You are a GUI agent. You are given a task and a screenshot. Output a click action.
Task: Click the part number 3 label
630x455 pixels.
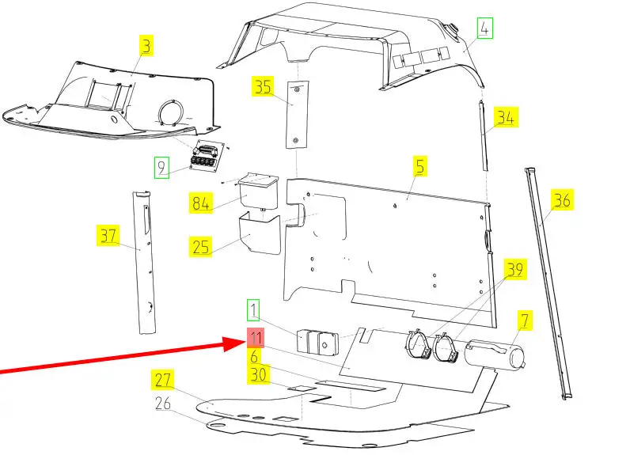(146, 45)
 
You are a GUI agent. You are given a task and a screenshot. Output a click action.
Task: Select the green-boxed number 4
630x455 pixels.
(485, 28)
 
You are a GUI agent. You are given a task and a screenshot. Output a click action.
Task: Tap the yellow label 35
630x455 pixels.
(264, 86)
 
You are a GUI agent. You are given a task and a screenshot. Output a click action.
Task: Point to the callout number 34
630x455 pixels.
(506, 117)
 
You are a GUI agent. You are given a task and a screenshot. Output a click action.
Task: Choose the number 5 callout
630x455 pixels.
(419, 166)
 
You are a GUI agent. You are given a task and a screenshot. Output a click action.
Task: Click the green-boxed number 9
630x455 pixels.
(161, 168)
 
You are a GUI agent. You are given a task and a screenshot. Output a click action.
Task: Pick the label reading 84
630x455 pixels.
(201, 203)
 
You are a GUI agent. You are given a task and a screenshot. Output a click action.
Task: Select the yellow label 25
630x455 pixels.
(200, 247)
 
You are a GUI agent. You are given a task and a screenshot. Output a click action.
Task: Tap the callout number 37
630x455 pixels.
(108, 236)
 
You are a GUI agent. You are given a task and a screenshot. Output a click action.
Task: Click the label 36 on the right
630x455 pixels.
(562, 199)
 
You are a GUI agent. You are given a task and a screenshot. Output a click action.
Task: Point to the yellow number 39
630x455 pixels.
(515, 270)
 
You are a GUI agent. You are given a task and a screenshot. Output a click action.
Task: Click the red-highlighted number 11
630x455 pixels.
(256, 338)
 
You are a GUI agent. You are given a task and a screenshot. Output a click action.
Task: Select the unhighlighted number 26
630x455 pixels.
(163, 404)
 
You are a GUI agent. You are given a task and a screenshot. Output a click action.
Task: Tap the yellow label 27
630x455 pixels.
(163, 380)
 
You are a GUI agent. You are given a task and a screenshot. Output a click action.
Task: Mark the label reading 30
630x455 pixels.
(258, 374)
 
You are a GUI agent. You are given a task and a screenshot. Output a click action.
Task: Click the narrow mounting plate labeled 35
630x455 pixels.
(298, 115)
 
